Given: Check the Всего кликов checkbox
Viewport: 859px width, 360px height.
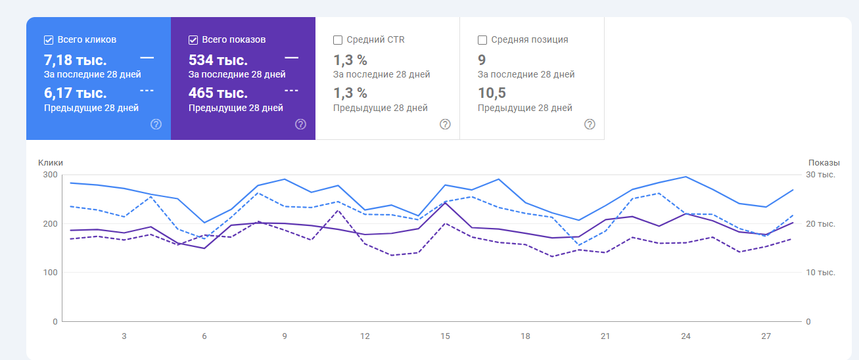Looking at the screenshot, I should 49,39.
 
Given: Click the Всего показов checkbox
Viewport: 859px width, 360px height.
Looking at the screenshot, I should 193,39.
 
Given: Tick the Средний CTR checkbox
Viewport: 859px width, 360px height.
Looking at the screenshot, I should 338,39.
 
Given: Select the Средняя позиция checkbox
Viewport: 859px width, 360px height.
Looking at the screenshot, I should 482,39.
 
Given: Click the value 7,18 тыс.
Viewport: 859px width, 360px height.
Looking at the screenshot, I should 75,60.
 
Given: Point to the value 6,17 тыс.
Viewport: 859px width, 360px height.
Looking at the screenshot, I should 75,93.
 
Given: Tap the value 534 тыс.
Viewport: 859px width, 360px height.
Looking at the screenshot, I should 218,60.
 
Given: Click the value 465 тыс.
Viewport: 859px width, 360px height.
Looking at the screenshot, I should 218,93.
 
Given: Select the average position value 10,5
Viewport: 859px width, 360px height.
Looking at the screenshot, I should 492,93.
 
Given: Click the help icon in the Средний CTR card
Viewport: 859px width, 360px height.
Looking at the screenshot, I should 445,124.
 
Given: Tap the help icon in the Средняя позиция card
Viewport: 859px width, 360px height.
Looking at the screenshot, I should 590,124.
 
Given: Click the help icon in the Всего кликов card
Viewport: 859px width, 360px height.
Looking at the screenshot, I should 156,124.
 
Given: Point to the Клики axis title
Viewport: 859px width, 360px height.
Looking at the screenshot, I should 51,163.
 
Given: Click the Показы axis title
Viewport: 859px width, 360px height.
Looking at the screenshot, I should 824,163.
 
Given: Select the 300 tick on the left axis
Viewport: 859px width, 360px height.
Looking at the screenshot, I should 51,175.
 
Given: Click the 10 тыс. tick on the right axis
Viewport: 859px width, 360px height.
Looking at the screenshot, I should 821,273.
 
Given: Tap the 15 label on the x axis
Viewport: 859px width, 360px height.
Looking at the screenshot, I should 445,336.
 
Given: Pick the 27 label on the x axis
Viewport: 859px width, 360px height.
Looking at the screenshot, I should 766,336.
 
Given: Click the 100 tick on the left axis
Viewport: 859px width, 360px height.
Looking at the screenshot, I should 51,273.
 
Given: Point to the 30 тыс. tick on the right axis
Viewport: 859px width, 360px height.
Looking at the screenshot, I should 821,175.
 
